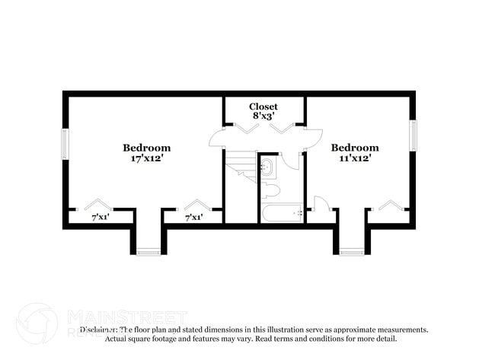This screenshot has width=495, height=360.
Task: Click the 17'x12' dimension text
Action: pos(147,159)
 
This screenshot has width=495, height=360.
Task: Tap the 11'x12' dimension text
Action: pos(354,159)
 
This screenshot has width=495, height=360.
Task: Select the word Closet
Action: pos(264,107)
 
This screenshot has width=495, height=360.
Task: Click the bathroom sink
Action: pos(267,167)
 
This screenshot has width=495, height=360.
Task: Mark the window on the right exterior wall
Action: pos(414,136)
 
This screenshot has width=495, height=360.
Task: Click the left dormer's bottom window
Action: pos(148,252)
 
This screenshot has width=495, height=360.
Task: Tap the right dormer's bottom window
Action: pos(352,252)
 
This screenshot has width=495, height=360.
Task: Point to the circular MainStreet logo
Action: pos(36,322)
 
